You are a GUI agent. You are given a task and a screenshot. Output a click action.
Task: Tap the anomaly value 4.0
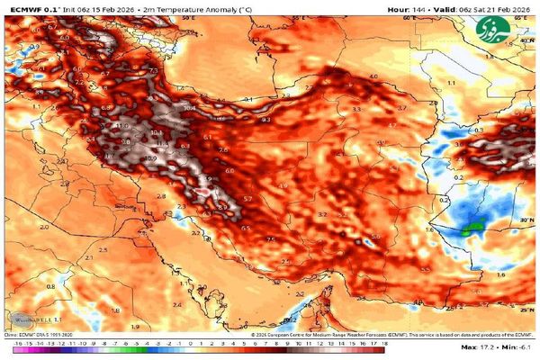373,77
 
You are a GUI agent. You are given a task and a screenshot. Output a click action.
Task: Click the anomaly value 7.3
153,70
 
